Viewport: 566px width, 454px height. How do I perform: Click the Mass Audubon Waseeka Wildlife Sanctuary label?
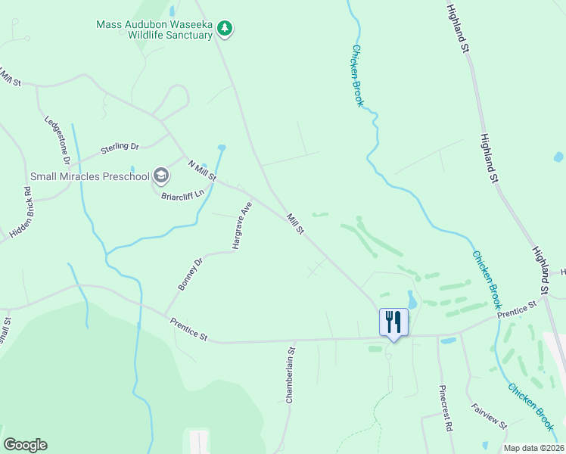click(154, 30)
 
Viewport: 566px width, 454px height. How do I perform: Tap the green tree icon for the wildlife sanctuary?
click(224, 29)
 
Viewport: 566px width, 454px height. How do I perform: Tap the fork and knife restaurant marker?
click(393, 322)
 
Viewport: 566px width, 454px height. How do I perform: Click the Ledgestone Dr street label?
click(58, 139)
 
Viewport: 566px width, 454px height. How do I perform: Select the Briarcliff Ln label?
click(184, 194)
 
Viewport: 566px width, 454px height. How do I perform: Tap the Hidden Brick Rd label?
click(20, 213)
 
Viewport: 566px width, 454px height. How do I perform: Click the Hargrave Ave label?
click(241, 225)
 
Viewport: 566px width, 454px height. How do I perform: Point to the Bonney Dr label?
click(191, 274)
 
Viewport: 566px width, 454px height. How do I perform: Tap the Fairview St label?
click(489, 415)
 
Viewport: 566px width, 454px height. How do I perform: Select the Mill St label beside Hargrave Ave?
click(295, 224)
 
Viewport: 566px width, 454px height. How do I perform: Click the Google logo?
click(25, 445)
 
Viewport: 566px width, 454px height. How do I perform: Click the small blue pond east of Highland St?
click(558, 157)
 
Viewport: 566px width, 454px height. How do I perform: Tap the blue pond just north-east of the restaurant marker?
click(412, 299)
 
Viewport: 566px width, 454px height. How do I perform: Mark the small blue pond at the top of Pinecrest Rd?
click(448, 341)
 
